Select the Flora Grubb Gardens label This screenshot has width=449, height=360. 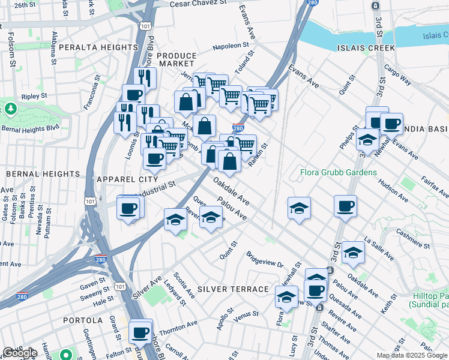(339, 173)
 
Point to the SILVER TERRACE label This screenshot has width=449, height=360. (232, 289)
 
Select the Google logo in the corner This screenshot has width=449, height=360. (20, 353)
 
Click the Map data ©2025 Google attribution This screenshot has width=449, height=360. (412, 355)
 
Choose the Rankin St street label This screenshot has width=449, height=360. (259, 154)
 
